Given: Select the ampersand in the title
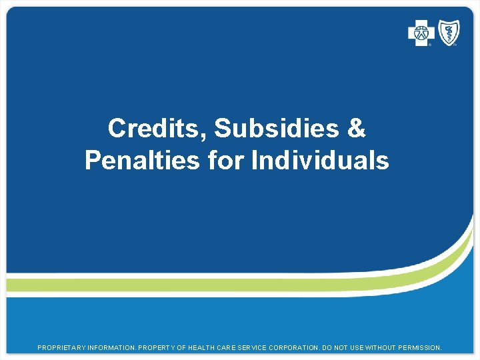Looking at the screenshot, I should (357, 129).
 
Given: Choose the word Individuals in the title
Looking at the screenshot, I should (320, 161).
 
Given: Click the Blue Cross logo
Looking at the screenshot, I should (421, 33).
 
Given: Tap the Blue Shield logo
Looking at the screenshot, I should (448, 33).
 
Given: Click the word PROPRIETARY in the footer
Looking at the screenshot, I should (62, 348).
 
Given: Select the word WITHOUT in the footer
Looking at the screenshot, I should (390, 348).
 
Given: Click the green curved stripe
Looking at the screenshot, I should (200, 285).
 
